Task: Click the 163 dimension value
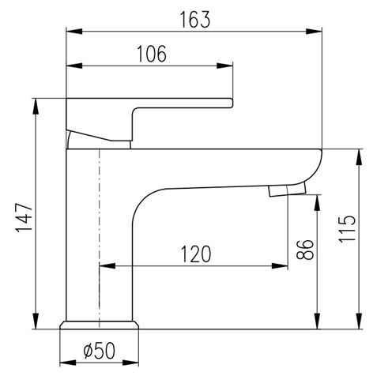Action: tap(195, 20)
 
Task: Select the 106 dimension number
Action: tap(152, 54)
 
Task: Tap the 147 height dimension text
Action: tap(24, 217)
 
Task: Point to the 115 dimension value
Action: tap(347, 229)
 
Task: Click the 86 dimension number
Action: tap(305, 250)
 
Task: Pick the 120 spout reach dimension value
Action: tap(196, 254)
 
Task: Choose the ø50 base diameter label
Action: tap(100, 351)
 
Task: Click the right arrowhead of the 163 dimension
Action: tap(314, 31)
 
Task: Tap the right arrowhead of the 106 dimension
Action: tap(224, 66)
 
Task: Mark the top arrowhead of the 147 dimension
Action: tap(36, 107)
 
